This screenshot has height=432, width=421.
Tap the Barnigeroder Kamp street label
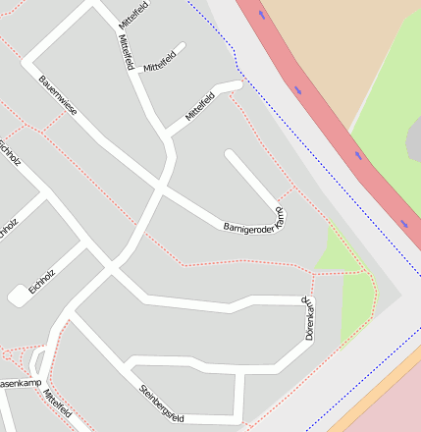pos(254,221)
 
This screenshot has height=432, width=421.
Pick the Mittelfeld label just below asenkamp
pos(57,405)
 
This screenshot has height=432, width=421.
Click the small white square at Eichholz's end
pos(19,295)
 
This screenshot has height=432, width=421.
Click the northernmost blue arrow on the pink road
pos(262,15)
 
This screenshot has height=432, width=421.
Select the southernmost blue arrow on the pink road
pos(404,225)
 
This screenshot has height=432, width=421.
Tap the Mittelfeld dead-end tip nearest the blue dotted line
pos(236,86)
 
